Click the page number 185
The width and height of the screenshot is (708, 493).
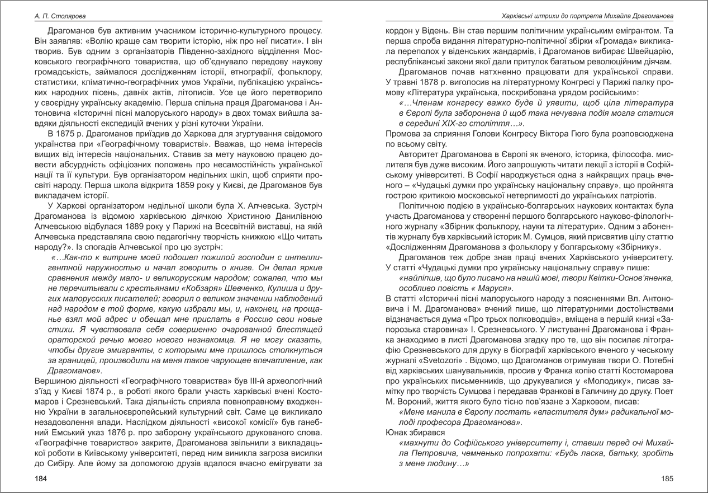tap(667, 478)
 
